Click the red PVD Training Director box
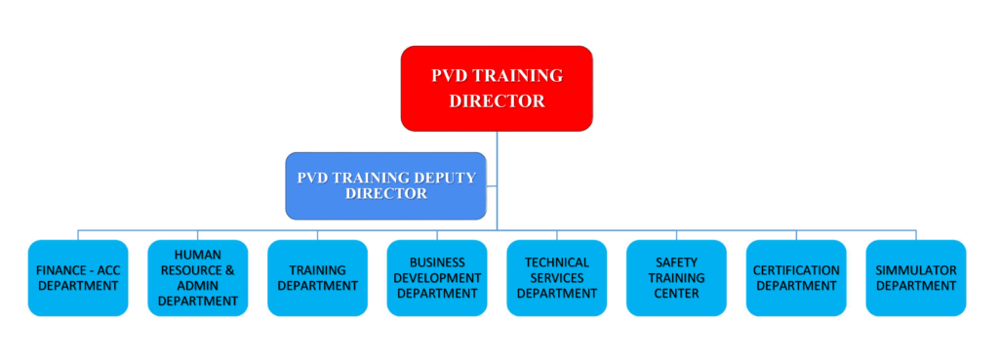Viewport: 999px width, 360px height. [497, 89]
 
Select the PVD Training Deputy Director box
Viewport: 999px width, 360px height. [385, 185]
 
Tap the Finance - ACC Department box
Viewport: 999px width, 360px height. [78, 278]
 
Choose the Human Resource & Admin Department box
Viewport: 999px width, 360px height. [198, 278]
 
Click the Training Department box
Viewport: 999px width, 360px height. [318, 278]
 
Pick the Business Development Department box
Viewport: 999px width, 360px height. [437, 278]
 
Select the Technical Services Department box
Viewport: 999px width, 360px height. [557, 278]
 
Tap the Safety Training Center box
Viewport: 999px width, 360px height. [677, 278]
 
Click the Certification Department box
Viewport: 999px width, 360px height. [796, 278]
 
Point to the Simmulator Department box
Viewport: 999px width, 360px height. [916, 278]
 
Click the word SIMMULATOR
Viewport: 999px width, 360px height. [916, 270]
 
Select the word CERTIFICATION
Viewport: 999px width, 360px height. [796, 270]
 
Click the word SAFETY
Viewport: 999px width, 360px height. [677, 262]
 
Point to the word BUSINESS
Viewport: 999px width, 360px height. [437, 262]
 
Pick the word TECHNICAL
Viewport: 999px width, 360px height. [557, 262]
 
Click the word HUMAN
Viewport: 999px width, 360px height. [198, 255]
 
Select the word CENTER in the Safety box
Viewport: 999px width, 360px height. [677, 294]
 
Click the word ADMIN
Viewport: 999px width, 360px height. [198, 286]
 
